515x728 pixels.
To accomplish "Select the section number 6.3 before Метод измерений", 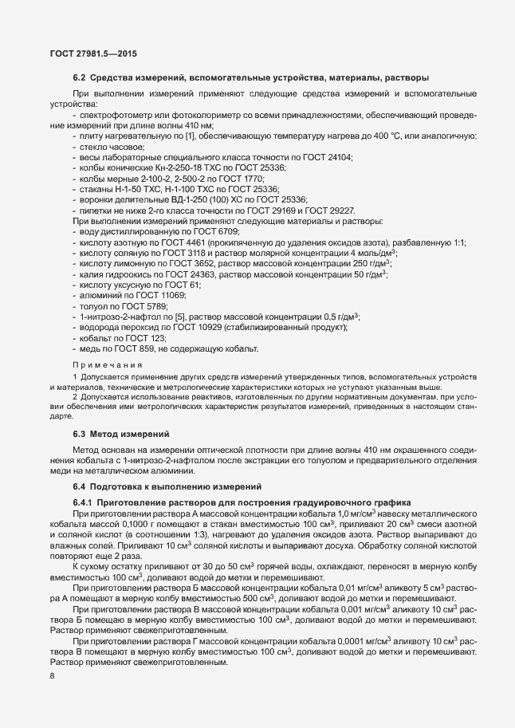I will tap(80, 434).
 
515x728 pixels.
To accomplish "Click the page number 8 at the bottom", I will tap(53, 676).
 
